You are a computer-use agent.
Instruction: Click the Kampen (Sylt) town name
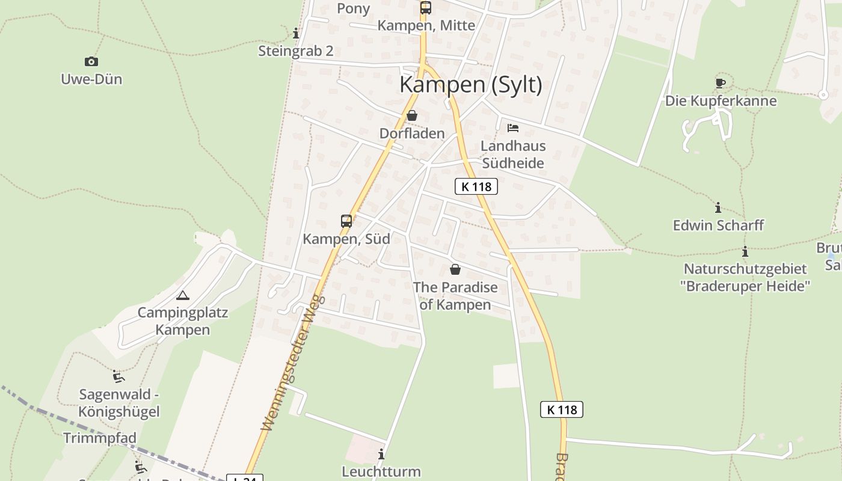point(471,85)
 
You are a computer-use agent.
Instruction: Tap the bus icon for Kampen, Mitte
point(426,8)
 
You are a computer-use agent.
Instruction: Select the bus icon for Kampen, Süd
point(346,221)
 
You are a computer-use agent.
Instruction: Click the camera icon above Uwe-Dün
point(91,61)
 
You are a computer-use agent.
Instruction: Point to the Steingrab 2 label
point(296,51)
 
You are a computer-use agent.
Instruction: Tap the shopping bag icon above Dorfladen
point(412,115)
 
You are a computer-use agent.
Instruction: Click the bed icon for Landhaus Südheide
point(513,127)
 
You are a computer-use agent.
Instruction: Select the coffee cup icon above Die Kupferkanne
point(721,83)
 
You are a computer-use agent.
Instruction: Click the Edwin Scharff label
point(718,225)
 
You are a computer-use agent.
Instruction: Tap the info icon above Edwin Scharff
point(718,207)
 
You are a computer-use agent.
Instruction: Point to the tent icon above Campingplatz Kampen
point(183,295)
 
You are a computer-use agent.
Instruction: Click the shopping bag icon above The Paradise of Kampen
point(455,269)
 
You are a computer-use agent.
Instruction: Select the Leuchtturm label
point(381,471)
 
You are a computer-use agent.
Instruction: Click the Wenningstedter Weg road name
point(293,362)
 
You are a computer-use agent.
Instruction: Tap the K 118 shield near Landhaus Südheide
point(476,186)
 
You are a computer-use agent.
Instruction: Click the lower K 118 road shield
point(562,409)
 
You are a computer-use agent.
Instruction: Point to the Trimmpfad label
point(100,438)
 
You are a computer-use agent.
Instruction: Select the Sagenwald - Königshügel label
point(119,403)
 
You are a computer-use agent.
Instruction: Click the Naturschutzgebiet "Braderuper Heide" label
point(746,277)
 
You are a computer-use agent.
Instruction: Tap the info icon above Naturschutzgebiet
point(745,251)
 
